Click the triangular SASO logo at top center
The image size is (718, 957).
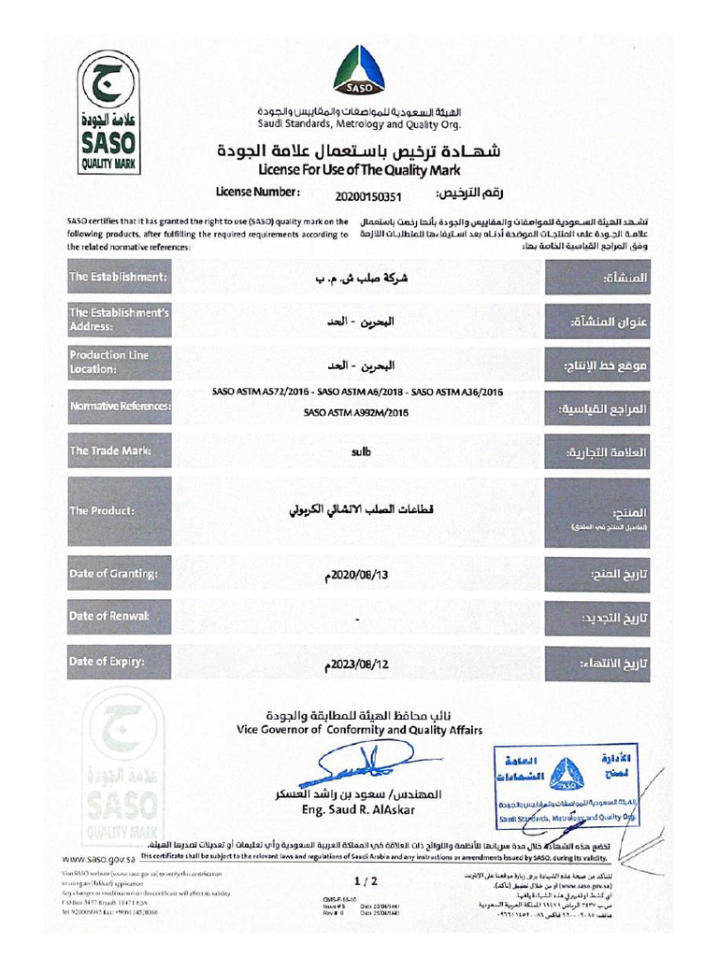[359, 70]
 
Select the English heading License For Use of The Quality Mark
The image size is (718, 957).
[359, 169]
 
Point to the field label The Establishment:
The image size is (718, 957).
[118, 278]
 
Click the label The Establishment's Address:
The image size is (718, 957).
[118, 320]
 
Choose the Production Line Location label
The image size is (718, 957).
[108, 363]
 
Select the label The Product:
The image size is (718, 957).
[102, 511]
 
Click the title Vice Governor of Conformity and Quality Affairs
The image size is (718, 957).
[360, 729]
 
